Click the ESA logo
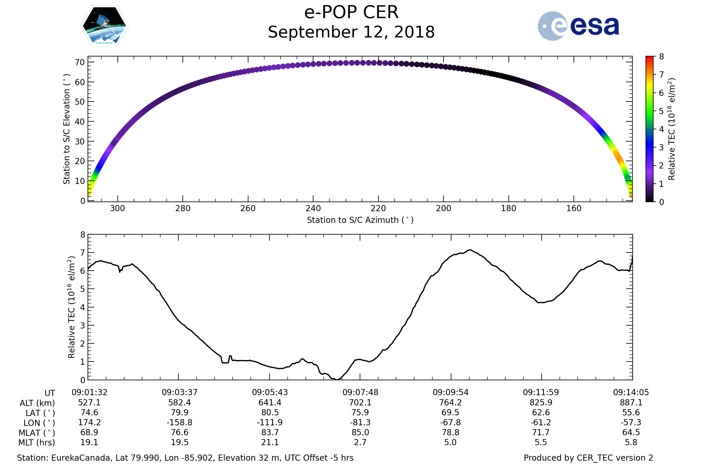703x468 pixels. point(578,26)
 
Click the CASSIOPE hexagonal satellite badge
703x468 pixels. point(105,26)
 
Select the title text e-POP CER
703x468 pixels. point(351,13)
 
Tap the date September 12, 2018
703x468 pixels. point(351,32)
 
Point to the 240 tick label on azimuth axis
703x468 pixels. point(313,208)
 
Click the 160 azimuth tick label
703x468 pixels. point(574,208)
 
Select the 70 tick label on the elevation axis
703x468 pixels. point(80,62)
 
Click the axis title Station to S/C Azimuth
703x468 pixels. point(360,220)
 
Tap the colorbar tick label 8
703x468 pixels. point(661,56)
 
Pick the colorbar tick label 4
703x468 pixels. point(661,129)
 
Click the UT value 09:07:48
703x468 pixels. point(360,393)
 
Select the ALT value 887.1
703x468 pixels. point(631,403)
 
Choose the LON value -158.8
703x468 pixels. point(179,423)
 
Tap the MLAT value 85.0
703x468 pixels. point(360,433)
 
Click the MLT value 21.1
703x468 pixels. point(270,442)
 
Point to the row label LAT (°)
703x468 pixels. point(40,413)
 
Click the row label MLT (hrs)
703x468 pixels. point(37,443)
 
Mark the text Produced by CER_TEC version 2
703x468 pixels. point(588,458)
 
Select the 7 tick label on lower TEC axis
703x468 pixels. point(83,253)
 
